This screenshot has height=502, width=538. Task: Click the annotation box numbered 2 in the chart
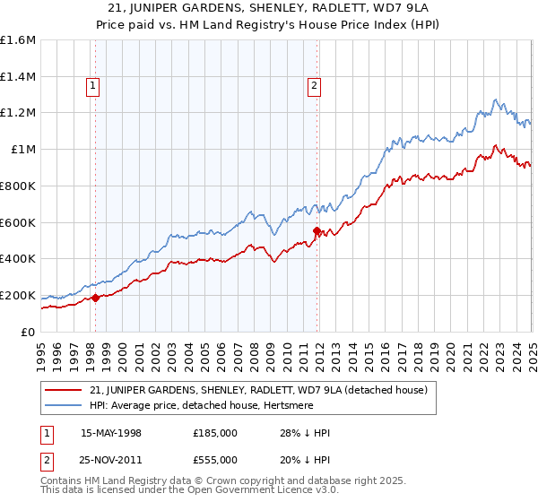tap(315, 86)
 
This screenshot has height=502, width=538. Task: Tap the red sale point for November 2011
tap(317, 230)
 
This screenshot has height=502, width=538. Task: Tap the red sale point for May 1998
tap(96, 298)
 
